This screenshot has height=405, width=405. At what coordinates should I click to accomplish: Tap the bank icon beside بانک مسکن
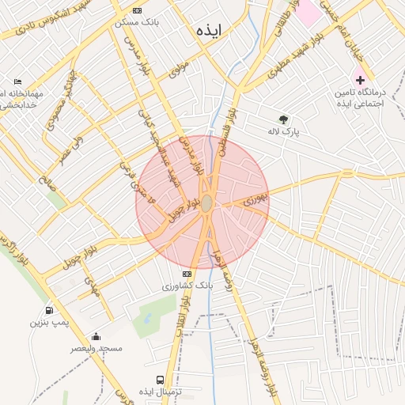click(138, 10)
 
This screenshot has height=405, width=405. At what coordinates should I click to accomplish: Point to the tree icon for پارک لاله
click(283, 119)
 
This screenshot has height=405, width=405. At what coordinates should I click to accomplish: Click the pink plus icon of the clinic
click(360, 80)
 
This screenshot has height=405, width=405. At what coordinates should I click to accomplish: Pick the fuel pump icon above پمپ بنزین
click(50, 311)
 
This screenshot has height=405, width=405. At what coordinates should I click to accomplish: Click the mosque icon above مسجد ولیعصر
click(97, 336)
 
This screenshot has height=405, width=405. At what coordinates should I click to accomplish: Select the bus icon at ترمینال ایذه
click(161, 380)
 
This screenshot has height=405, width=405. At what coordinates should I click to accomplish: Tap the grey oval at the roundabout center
click(206, 204)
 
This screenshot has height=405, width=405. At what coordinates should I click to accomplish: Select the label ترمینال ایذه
click(161, 393)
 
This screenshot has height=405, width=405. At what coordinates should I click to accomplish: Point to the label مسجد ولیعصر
click(97, 348)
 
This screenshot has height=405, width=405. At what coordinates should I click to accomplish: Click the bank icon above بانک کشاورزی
click(187, 274)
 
